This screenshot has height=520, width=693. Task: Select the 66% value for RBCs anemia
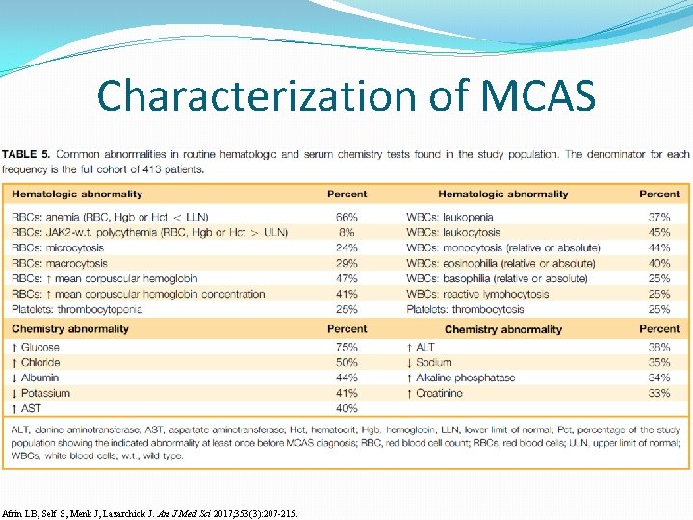coord(346,217)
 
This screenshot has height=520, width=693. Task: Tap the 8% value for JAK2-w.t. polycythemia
coord(346,232)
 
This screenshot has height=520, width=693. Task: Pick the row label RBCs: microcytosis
coord(58,247)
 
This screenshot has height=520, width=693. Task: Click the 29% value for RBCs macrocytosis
coord(346,263)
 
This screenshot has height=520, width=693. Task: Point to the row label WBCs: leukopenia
coord(449,217)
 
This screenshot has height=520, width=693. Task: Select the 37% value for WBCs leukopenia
coord(659,217)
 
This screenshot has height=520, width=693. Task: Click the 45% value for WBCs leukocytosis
coord(659,232)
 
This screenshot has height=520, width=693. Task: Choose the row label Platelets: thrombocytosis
coord(465,309)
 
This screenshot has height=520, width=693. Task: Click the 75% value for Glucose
coord(346,347)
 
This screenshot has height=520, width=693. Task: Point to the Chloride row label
coord(36,362)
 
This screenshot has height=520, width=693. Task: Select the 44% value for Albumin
coord(346,377)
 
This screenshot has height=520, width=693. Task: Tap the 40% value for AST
coord(346,408)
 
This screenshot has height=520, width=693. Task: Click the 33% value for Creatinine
coord(659,393)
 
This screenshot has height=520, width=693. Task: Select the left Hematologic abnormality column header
coord(73,195)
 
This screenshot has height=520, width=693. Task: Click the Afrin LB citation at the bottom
coord(150,513)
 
